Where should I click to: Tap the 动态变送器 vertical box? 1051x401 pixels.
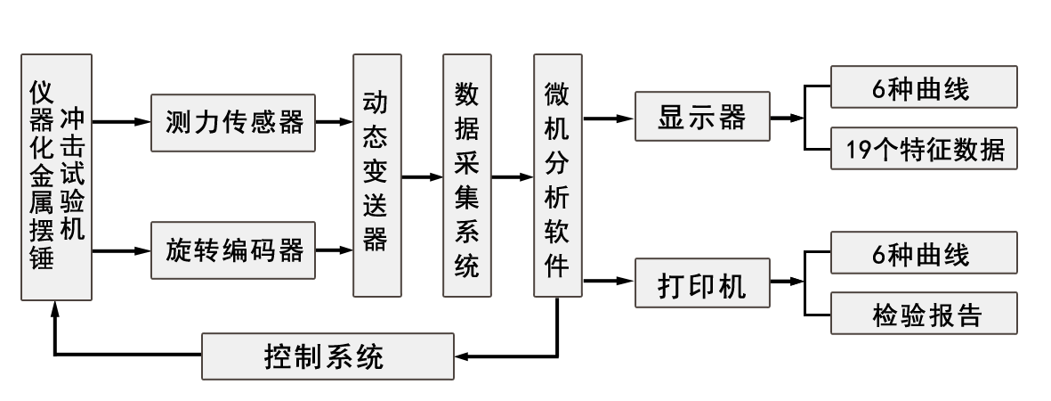click(x=376, y=176)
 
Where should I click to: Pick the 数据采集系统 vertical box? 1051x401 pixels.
click(x=467, y=176)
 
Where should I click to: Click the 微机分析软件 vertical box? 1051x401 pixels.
click(x=558, y=176)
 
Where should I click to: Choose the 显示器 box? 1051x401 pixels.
click(x=702, y=117)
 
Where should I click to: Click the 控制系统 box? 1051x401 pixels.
click(x=327, y=356)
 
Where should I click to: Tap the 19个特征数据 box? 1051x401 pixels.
click(x=922, y=148)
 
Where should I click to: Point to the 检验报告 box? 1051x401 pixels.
click(x=922, y=313)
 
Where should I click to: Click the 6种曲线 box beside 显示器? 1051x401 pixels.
click(x=922, y=88)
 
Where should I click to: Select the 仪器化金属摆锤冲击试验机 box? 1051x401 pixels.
click(x=56, y=176)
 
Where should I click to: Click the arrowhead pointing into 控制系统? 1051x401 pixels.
click(x=463, y=356)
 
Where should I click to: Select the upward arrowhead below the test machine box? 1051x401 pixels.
click(x=55, y=307)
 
